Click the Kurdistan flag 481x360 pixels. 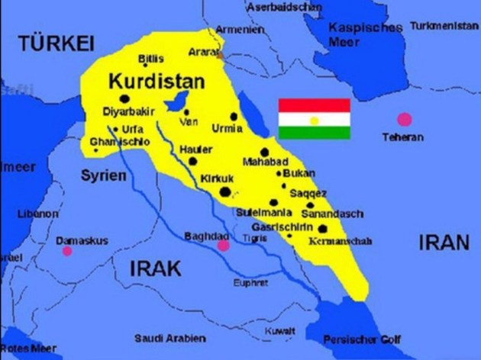click(x=314, y=119)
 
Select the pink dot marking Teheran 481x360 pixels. click(x=404, y=119)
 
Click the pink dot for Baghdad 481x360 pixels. click(x=223, y=246)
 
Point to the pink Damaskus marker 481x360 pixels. click(x=67, y=251)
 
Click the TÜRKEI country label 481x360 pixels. click(x=56, y=42)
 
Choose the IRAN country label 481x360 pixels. click(x=443, y=243)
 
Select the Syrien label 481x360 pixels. click(x=103, y=175)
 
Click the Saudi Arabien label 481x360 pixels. click(x=170, y=337)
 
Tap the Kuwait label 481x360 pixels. click(x=279, y=330)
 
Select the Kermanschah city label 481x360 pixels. click(x=340, y=241)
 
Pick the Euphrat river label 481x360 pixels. click(x=251, y=282)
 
